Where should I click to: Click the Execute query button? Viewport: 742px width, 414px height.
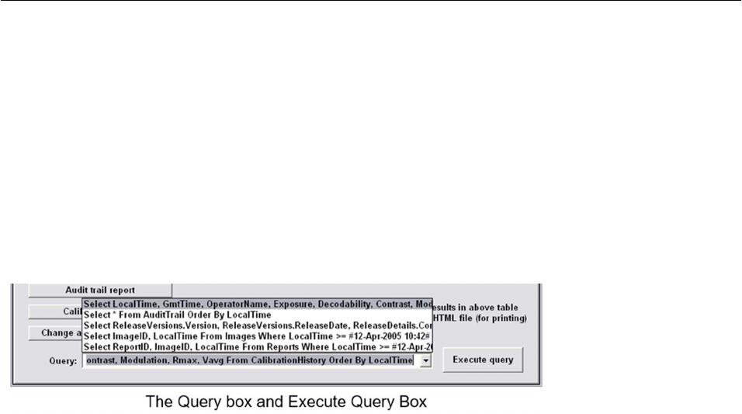[x=483, y=360]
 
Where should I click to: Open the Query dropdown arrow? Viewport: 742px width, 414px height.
[x=425, y=361]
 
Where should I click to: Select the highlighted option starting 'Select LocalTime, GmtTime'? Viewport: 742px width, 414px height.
[x=256, y=304]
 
